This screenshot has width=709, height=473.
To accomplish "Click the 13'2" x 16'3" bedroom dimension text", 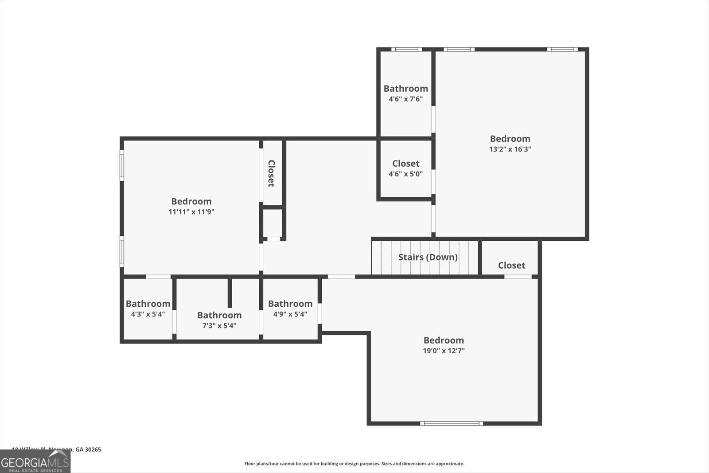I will pyautogui.click(x=510, y=149).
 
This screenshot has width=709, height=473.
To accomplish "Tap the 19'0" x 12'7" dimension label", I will pyautogui.click(x=444, y=351).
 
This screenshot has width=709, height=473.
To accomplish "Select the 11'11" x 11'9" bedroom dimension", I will pyautogui.click(x=191, y=212).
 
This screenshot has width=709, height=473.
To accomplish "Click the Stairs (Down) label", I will pyautogui.click(x=428, y=257).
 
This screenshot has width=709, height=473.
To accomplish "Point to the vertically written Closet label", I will pyautogui.click(x=271, y=173).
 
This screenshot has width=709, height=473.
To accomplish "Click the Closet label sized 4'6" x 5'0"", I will pyautogui.click(x=405, y=164).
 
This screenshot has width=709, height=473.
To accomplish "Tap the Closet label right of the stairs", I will pyautogui.click(x=511, y=265).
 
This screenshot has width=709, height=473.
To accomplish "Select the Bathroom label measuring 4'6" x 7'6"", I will pyautogui.click(x=405, y=89).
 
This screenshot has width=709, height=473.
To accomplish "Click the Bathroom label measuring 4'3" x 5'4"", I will pyautogui.click(x=148, y=304).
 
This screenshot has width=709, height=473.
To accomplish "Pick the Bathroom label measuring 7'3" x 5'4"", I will pyautogui.click(x=219, y=315).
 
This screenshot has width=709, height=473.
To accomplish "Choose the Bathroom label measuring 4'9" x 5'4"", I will pyautogui.click(x=290, y=304).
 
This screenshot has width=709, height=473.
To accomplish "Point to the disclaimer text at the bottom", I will pyautogui.click(x=354, y=464).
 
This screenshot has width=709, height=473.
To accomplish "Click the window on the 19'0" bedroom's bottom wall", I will pyautogui.click(x=452, y=423).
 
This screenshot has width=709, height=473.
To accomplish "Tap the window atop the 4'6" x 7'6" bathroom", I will pyautogui.click(x=406, y=49).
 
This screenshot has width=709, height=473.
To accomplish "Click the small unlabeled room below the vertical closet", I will pyautogui.click(x=273, y=223).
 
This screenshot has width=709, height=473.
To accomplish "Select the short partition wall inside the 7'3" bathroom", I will pyautogui.click(x=230, y=293).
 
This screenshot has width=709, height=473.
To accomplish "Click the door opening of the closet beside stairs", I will pyautogui.click(x=518, y=277).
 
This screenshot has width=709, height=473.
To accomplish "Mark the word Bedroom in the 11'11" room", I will pyautogui.click(x=191, y=201).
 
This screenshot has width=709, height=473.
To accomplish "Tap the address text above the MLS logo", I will pyautogui.click(x=56, y=449).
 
